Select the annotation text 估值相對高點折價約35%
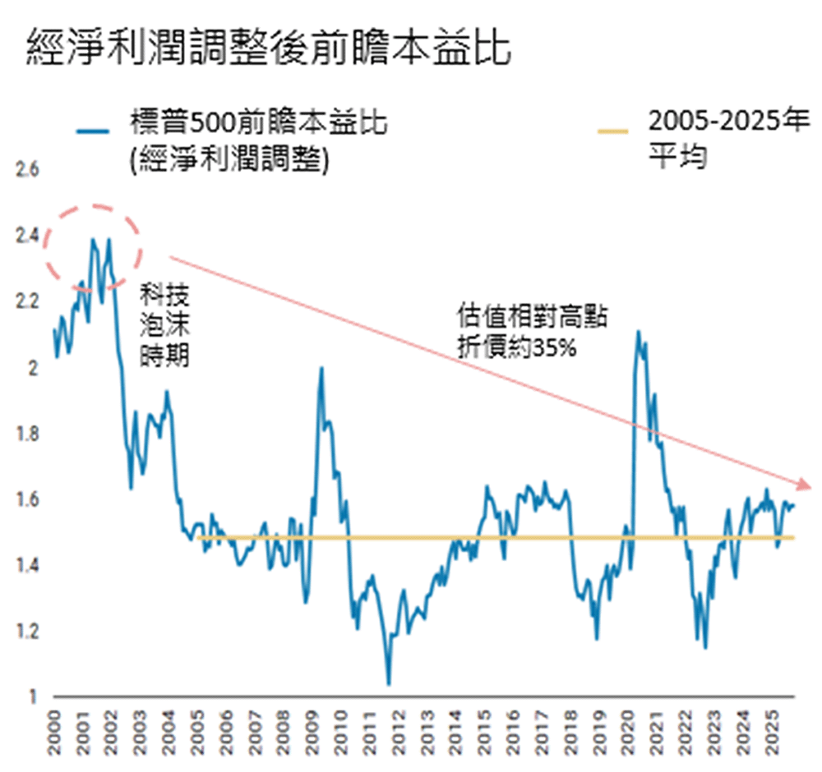click(533, 332)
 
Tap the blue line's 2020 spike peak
click(638, 331)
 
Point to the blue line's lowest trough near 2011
click(388, 683)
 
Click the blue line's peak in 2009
click(321, 367)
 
